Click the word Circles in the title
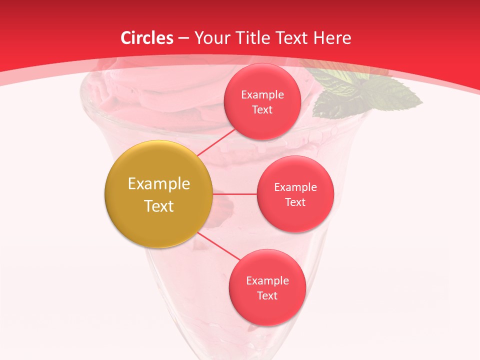click(147, 38)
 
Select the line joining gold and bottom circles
click(219, 247)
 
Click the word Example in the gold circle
click(159, 184)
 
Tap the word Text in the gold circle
click(159, 206)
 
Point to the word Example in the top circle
click(262, 95)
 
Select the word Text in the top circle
click(262, 110)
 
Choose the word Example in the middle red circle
click(295, 187)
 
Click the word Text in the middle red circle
click(295, 202)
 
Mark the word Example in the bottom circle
click(267, 281)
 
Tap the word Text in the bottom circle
click(267, 296)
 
